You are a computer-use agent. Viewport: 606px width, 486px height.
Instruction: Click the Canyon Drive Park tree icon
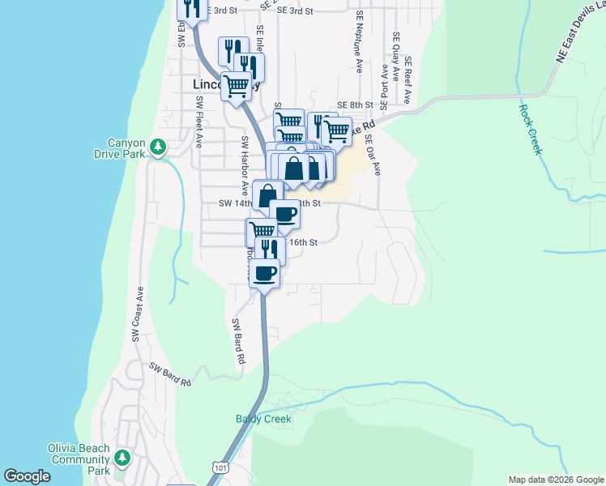[x=160, y=147]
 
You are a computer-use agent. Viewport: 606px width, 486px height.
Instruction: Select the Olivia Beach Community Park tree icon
[x=122, y=458]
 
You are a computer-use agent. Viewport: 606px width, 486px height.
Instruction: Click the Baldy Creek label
[x=263, y=419]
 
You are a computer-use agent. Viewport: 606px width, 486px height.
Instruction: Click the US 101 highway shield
[x=220, y=467]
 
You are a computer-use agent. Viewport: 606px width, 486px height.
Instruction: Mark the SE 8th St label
[x=355, y=105]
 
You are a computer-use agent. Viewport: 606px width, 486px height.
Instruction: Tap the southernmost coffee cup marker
[x=264, y=274]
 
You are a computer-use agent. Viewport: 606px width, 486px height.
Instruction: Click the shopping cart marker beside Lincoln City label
[x=236, y=85]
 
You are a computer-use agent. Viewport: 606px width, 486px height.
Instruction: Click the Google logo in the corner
[x=27, y=475]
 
